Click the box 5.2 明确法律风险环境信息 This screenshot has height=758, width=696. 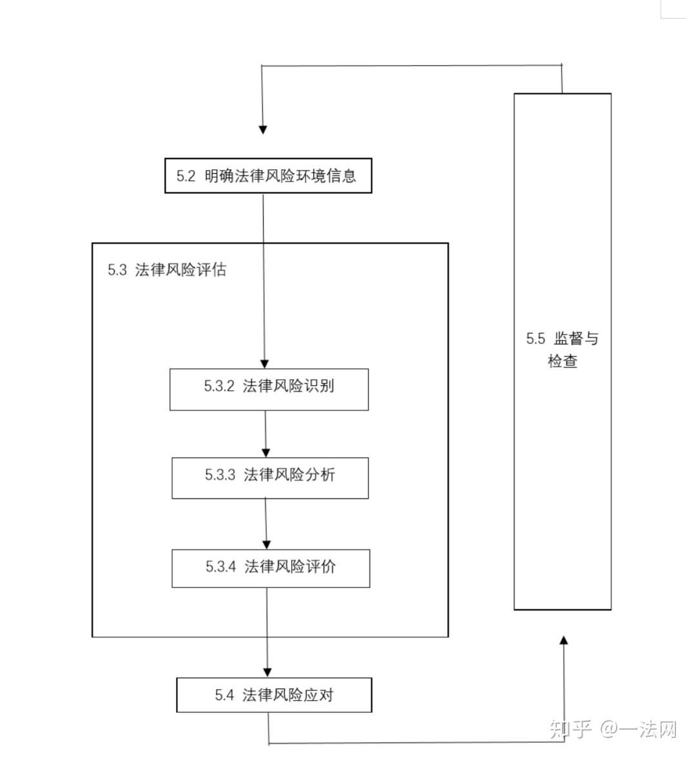[268, 176]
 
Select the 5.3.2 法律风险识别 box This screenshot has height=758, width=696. [269, 389]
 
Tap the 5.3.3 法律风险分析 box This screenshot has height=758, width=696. [270, 478]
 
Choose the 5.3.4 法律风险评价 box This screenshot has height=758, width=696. [271, 568]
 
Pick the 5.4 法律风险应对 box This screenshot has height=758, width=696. [274, 695]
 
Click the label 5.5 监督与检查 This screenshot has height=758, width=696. [562, 350]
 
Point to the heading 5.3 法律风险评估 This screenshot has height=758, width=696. [167, 270]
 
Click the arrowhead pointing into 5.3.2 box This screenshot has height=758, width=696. [264, 364]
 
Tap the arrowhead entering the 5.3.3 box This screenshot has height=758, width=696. [266, 453]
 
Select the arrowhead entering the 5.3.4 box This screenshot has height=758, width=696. [267, 544]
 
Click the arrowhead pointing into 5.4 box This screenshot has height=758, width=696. [267, 672]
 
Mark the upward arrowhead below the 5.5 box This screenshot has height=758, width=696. [564, 640]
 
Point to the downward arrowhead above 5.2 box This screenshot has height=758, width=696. [262, 129]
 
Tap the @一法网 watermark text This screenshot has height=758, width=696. [639, 730]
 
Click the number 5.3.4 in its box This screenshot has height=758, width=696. [221, 567]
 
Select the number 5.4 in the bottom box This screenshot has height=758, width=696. [224, 696]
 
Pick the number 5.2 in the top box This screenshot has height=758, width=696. [186, 176]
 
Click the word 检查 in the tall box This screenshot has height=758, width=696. [563, 361]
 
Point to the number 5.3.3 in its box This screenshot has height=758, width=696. [220, 475]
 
